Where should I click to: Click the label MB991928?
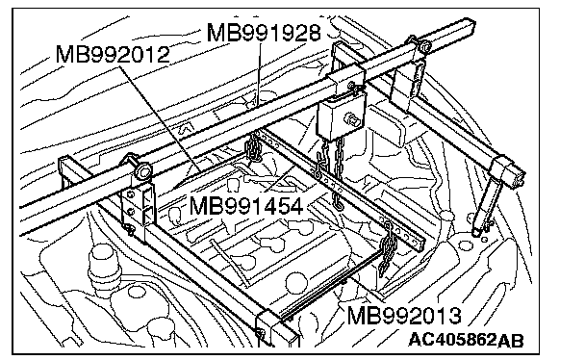(264, 33)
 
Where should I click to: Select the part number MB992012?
(113, 55)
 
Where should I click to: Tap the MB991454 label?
(246, 206)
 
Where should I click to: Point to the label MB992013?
(404, 316)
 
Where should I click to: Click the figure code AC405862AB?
(466, 340)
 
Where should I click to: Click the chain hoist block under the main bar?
(341, 116)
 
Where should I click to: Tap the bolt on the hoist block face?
(353, 120)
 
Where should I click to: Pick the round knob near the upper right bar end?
(424, 46)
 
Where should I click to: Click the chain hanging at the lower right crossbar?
(387, 248)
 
